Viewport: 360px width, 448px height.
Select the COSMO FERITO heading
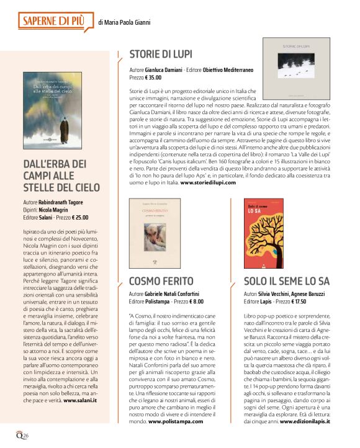click(x=161, y=280)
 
